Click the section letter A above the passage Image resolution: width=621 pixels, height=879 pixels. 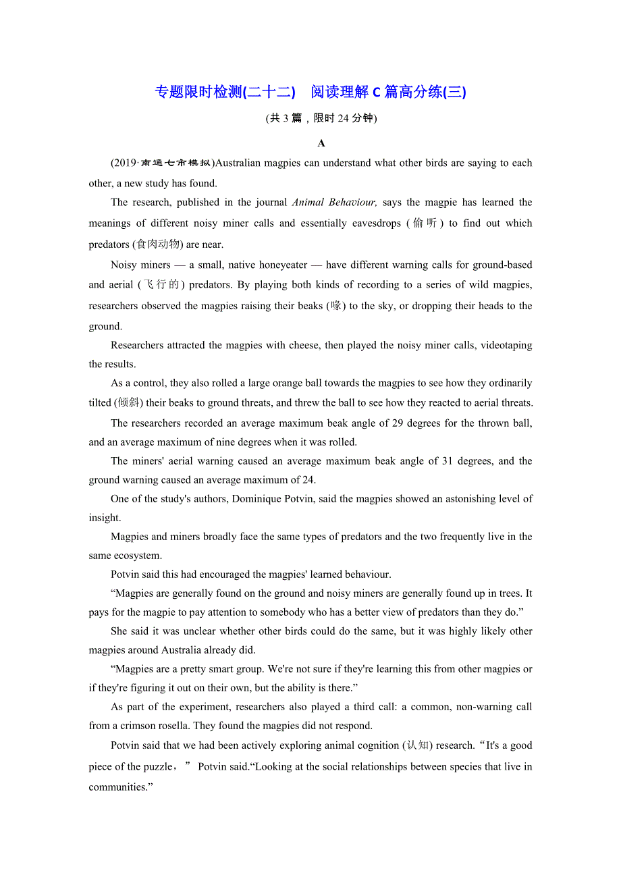pos(321,143)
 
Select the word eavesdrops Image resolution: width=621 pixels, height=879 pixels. pos(370,223)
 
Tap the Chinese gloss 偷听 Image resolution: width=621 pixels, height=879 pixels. pos(425,223)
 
